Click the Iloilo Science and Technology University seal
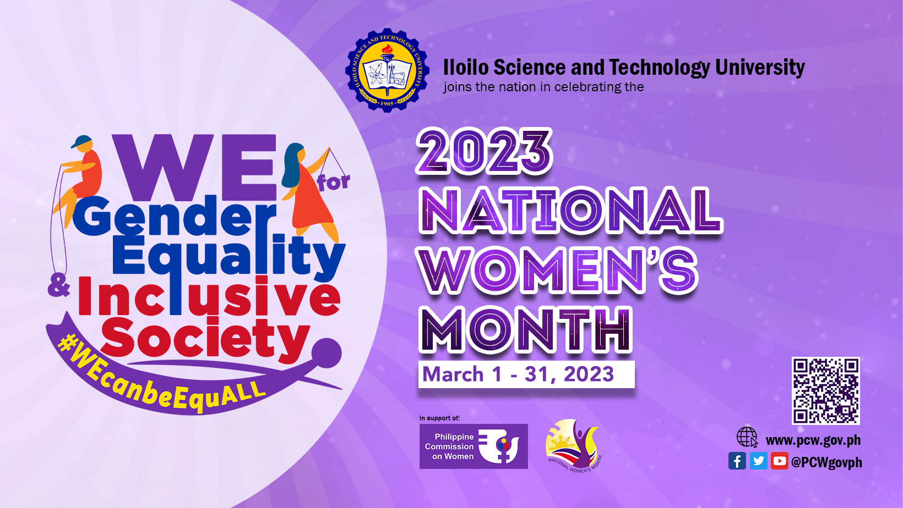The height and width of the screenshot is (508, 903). (x=387, y=70)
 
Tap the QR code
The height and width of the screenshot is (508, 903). (x=825, y=390)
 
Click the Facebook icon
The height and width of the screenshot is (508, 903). (x=737, y=461)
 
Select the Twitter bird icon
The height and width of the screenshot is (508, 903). (x=758, y=461)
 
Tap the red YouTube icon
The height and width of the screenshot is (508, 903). (x=779, y=461)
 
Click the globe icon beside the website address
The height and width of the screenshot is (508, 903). (x=747, y=438)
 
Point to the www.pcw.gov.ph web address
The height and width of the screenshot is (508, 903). (x=813, y=440)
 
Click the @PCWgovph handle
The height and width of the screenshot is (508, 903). (x=826, y=462)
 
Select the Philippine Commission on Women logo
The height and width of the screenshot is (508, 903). (x=474, y=446)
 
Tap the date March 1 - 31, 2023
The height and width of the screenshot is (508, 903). (x=518, y=374)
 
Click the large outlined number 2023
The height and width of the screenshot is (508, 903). (x=484, y=151)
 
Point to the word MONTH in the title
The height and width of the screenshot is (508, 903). (x=526, y=330)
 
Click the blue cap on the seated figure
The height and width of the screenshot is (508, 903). (x=82, y=141)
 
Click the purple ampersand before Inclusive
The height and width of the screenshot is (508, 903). (x=59, y=288)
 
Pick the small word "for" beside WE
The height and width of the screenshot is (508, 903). (x=334, y=182)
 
